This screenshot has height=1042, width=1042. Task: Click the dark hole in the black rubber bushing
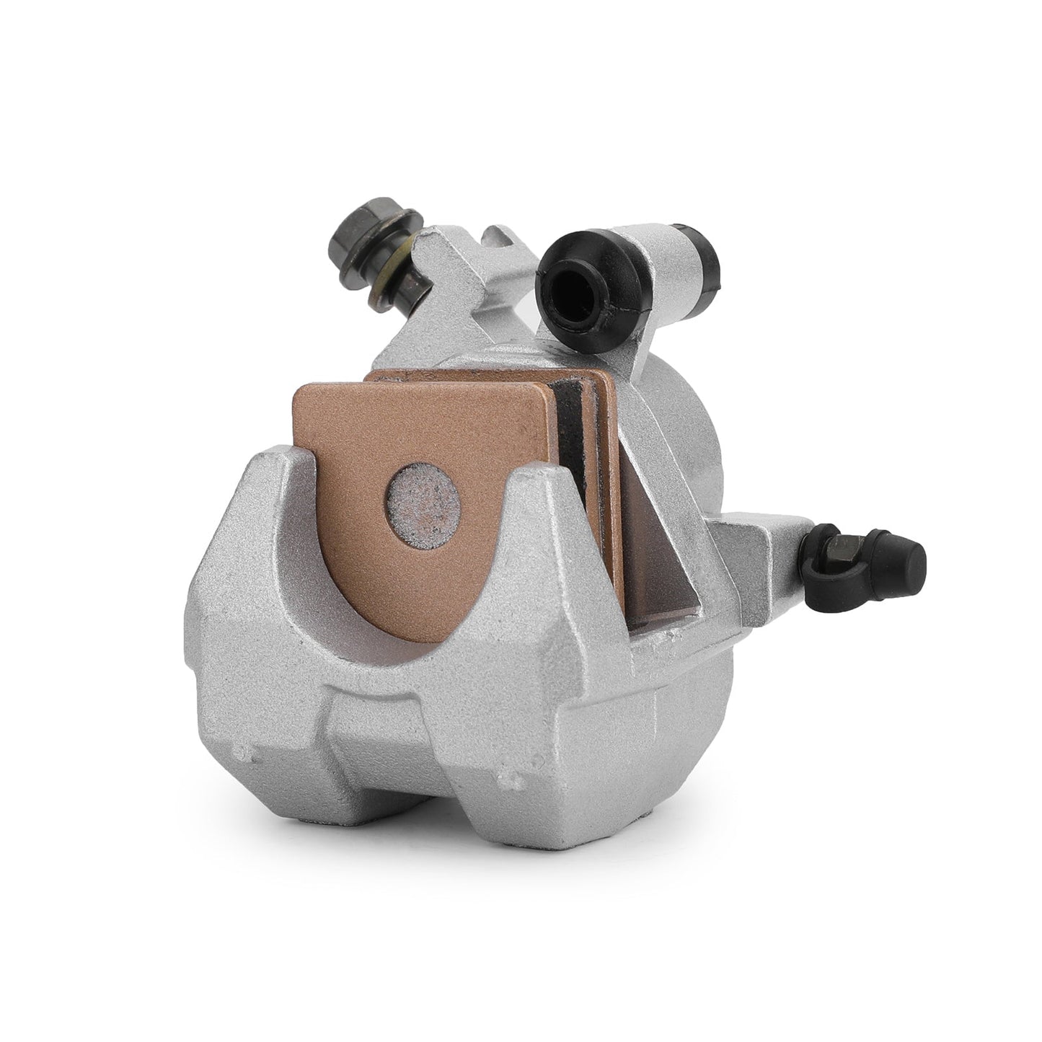coord(573,285)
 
